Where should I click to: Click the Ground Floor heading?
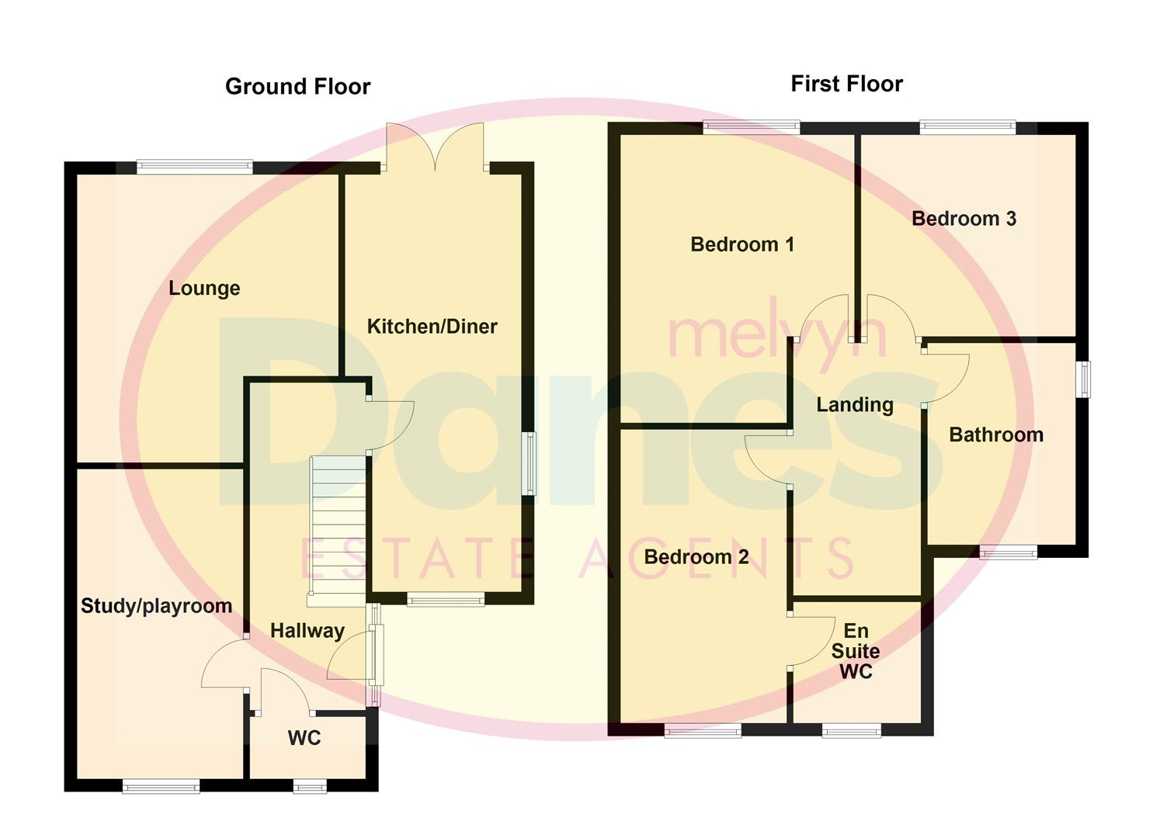point(297,86)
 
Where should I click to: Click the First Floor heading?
point(846,84)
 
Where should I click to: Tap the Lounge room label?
point(204,289)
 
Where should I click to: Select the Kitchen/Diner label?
point(432,327)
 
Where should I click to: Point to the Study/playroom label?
point(156,606)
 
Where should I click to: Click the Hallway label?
point(307,631)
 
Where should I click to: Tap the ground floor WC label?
point(304,738)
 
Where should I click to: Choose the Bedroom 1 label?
point(741,244)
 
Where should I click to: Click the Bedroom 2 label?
point(696,557)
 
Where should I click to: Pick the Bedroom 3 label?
point(964,219)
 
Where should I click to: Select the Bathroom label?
point(995,435)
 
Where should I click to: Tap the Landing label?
point(854,404)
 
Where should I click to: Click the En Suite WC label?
point(856,651)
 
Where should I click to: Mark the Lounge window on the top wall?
point(194,165)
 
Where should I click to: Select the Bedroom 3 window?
point(967,126)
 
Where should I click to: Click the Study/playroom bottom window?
point(161,786)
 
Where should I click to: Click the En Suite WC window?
point(852,729)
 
